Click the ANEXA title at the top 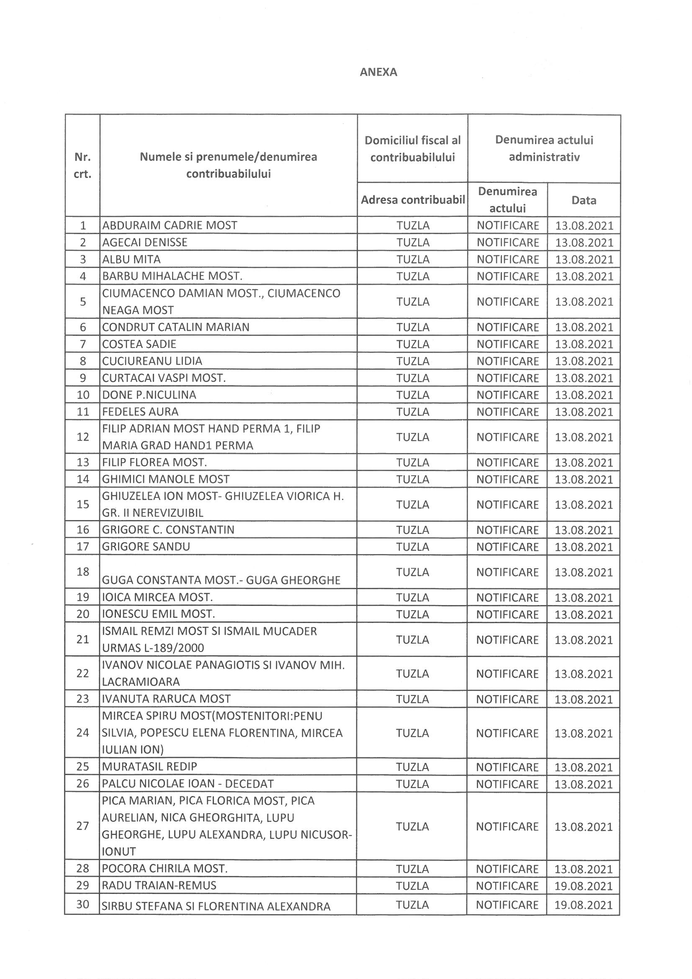(x=378, y=72)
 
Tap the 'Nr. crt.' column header (x=83, y=165)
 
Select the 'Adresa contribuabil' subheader (x=412, y=200)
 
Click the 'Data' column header (x=584, y=200)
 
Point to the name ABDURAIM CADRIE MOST (x=170, y=225)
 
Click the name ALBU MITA (x=131, y=259)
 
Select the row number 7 (x=83, y=344)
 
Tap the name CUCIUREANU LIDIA (x=152, y=361)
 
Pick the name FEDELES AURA (x=140, y=412)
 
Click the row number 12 (x=83, y=437)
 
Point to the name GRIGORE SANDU (x=146, y=546)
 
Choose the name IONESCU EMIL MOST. (x=158, y=614)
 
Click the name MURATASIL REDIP (x=149, y=767)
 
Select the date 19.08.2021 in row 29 (x=583, y=886)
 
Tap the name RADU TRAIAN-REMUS (x=159, y=885)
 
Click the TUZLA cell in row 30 (x=412, y=905)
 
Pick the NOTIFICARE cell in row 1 (x=508, y=225)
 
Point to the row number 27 (x=83, y=826)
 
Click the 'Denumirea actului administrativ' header (x=544, y=148)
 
